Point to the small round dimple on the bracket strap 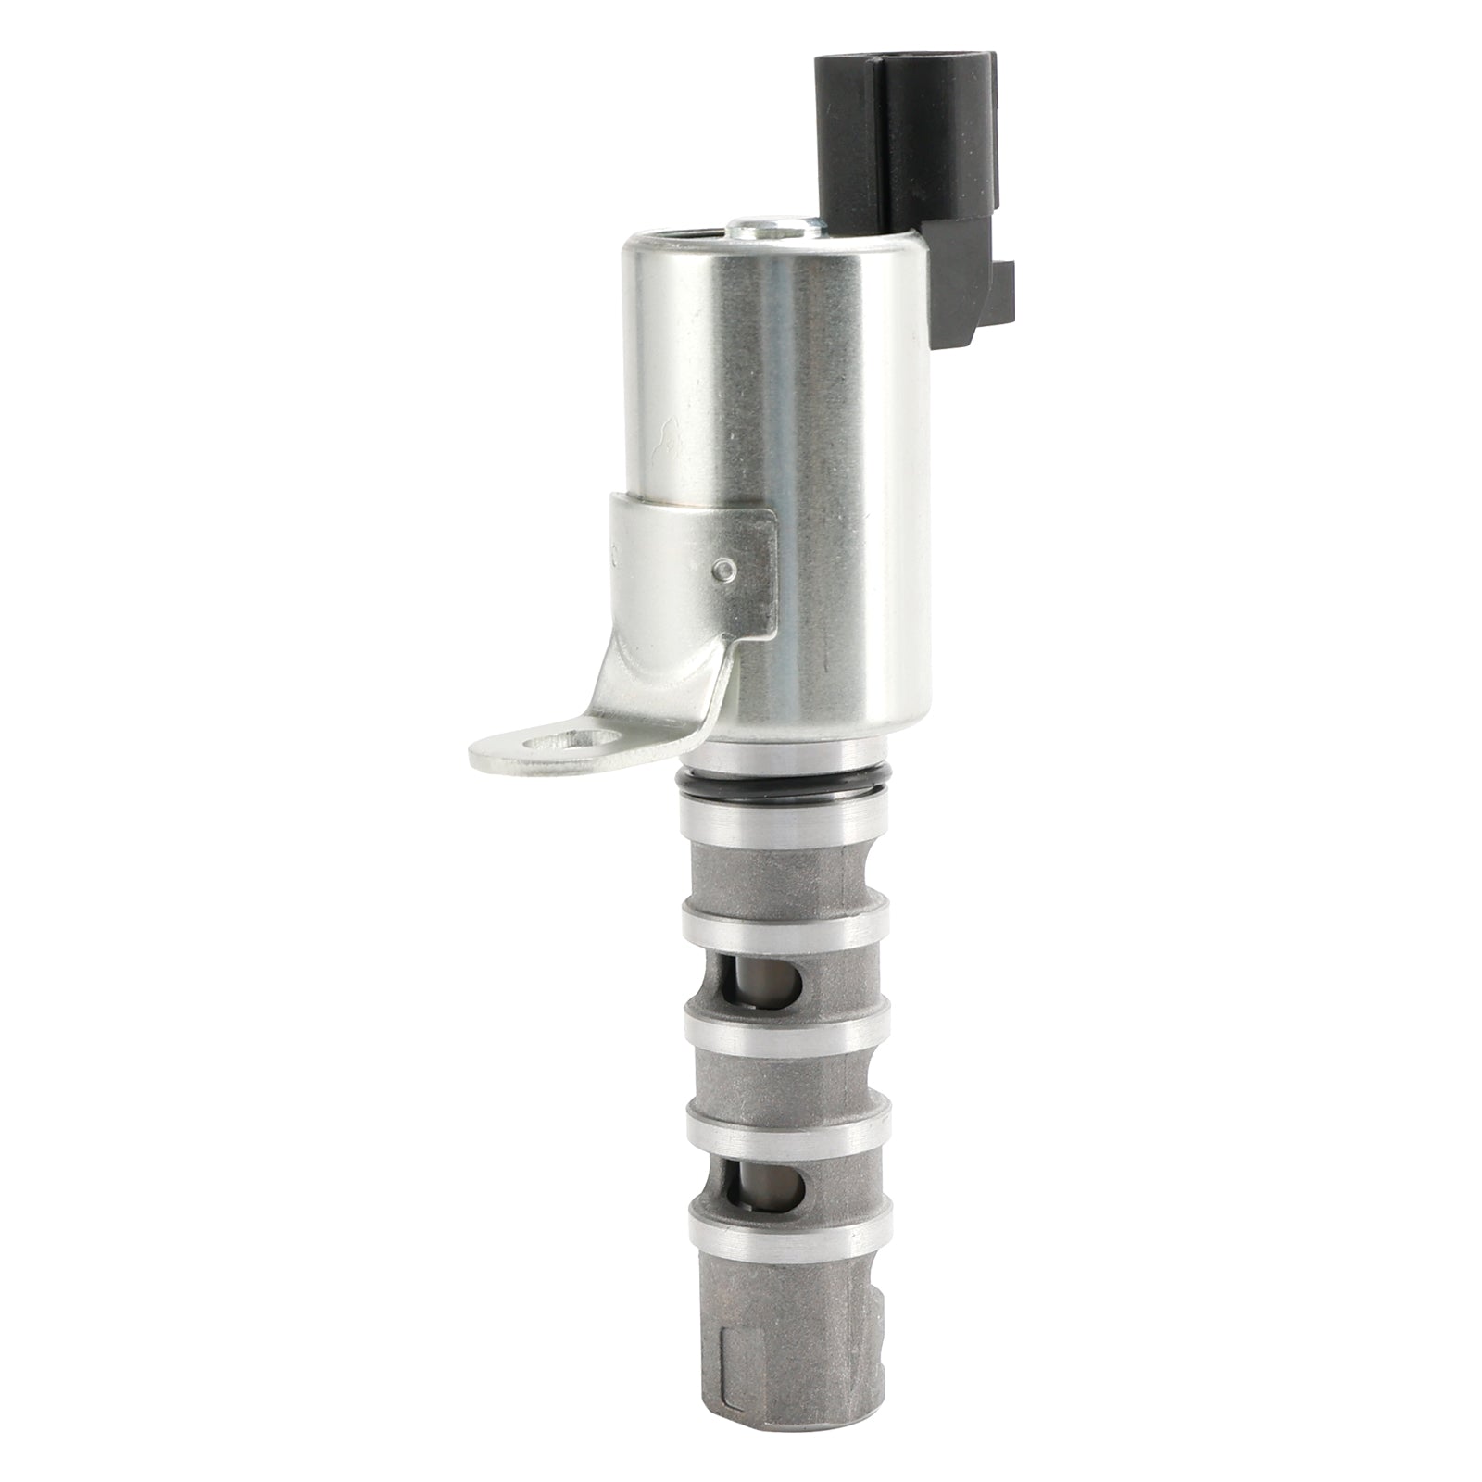pos(731,565)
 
